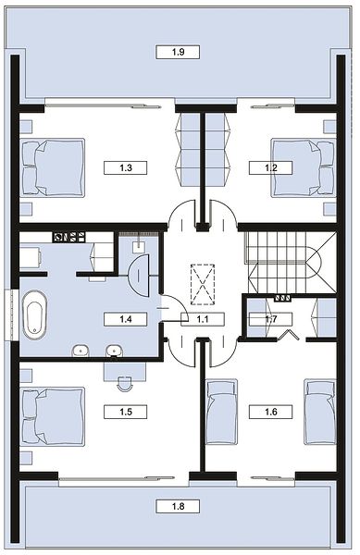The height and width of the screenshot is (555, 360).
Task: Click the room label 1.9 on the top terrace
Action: [178, 52]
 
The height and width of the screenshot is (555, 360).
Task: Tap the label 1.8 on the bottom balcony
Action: [178, 506]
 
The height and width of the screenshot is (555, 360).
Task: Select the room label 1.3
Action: [126, 167]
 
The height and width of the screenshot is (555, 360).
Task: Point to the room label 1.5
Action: [126, 412]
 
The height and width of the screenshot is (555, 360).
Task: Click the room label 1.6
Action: [271, 412]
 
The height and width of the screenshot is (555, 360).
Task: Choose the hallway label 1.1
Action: [203, 319]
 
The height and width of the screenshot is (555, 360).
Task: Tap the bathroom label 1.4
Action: [126, 319]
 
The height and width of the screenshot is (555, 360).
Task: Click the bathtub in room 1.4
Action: [34, 315]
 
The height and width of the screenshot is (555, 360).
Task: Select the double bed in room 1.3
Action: [53, 167]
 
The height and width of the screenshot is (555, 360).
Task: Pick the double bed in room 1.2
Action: [303, 167]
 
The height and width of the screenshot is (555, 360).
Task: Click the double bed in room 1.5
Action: [53, 416]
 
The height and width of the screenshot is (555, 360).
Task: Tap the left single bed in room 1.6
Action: [221, 412]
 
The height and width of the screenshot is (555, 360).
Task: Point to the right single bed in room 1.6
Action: [319, 412]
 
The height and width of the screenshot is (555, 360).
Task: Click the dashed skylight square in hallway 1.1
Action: [203, 284]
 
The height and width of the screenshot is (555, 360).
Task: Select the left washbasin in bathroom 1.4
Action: [81, 351]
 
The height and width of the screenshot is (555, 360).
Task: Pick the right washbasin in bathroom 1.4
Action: [115, 351]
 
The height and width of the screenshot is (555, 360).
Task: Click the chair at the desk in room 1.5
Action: [125, 384]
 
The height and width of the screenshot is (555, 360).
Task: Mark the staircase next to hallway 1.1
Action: [291, 263]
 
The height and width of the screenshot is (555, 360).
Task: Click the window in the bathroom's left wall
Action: [12, 315]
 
